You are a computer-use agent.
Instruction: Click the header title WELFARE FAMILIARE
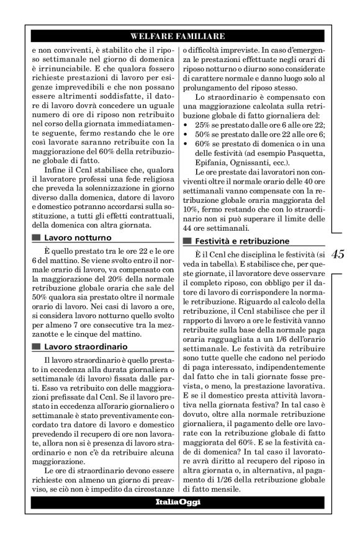click(x=179, y=36)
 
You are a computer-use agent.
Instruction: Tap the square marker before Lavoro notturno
click(x=35, y=237)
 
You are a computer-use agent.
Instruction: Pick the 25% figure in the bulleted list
click(x=202, y=125)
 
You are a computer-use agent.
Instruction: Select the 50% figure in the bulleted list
click(x=202, y=134)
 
